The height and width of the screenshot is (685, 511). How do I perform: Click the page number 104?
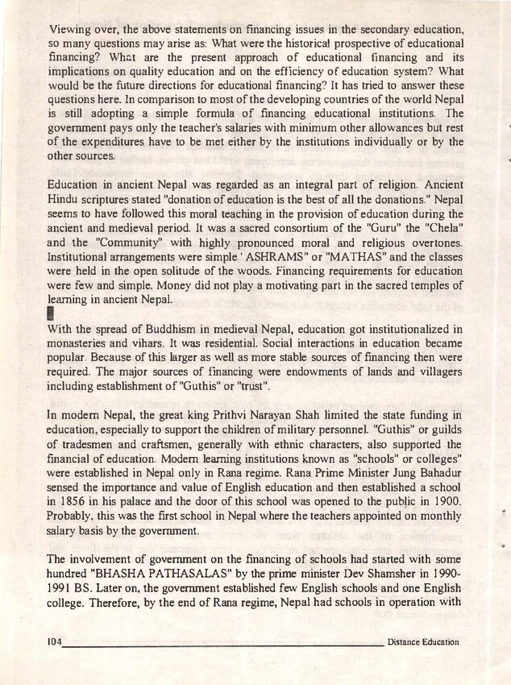(x=55, y=642)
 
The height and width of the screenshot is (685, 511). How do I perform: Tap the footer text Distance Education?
(x=423, y=642)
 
